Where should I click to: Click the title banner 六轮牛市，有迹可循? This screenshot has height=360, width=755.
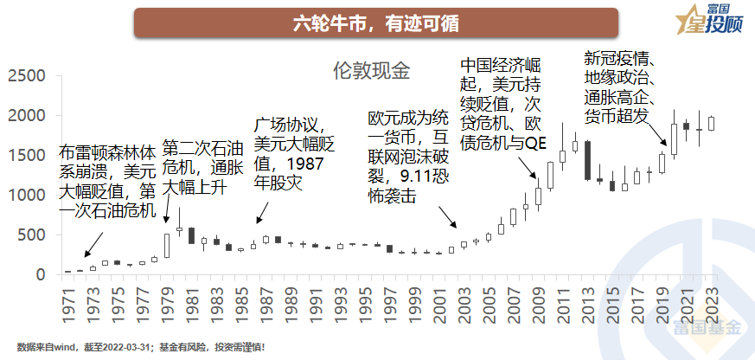(375, 22)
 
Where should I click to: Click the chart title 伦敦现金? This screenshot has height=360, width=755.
(371, 70)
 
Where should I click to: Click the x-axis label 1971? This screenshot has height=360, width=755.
(67, 300)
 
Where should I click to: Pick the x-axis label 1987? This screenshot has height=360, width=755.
(266, 300)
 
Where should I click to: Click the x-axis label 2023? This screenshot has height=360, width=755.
(711, 300)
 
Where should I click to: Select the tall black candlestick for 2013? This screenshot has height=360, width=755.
(587, 160)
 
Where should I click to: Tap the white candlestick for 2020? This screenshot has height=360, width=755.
(674, 138)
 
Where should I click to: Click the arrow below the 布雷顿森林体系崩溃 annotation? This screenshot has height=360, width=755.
(90, 249)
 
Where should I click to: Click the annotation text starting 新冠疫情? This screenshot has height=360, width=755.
(622, 87)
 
